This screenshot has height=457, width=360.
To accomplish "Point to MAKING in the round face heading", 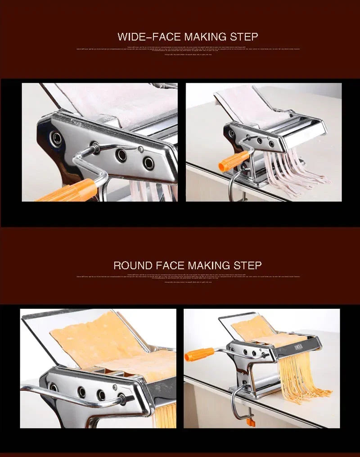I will [209, 265].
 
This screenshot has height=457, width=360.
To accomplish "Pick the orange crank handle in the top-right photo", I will [234, 161].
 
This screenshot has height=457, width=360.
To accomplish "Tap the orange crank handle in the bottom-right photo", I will [199, 354].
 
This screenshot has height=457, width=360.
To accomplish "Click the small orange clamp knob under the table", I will [251, 421].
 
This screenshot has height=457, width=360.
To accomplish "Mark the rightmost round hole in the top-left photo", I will [148, 163].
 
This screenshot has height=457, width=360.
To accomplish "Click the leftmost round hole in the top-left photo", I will [57, 138].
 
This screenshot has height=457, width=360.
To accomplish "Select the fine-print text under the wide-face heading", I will [188, 49].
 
